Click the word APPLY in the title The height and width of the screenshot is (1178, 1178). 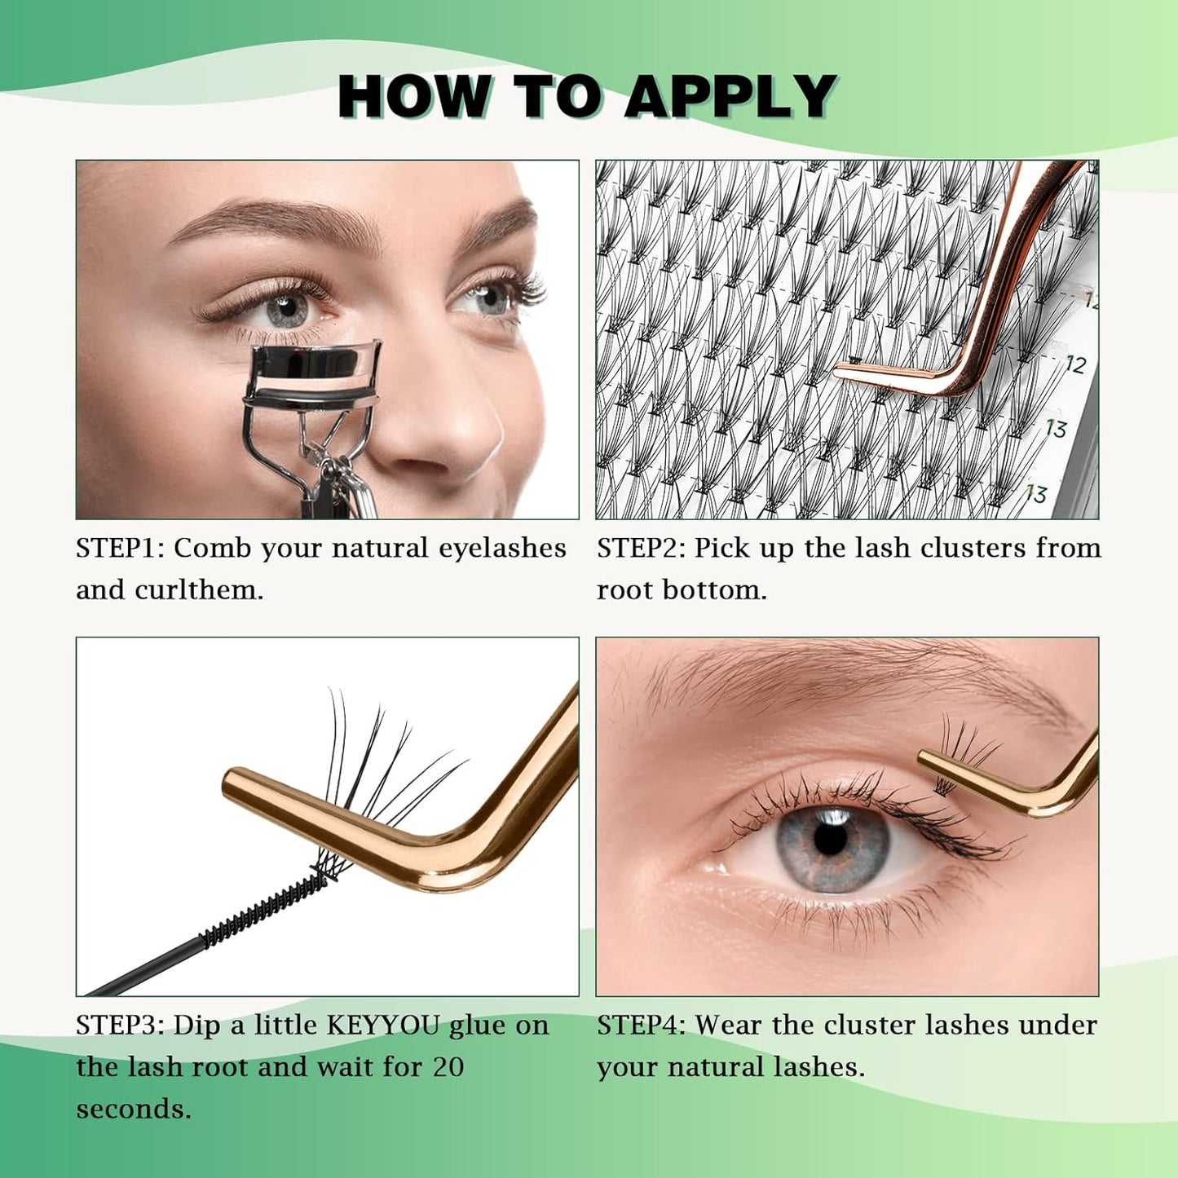[x=730, y=97]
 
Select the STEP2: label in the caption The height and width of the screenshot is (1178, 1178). [x=642, y=549]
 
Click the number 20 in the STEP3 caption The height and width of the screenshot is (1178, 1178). [x=448, y=1067]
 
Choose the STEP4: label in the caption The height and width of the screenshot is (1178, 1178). [x=642, y=1026]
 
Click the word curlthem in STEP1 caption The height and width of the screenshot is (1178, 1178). [x=198, y=590]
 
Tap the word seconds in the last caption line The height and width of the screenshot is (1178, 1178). [x=133, y=1110]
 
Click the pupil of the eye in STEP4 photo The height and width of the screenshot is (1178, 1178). [x=831, y=840]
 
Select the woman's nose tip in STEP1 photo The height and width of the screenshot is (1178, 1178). [x=457, y=424]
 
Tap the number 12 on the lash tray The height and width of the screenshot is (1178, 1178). [x=1076, y=364]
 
